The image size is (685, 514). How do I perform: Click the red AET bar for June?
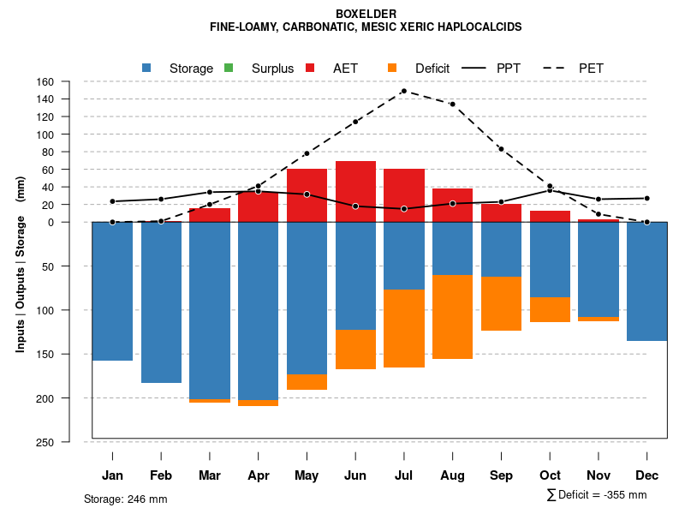coord(355,191)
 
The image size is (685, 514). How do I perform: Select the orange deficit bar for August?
coord(452,317)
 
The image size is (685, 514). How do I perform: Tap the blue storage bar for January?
coord(112,291)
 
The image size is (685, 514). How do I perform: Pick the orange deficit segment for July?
coord(404,328)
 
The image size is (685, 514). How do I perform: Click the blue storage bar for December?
coord(647,281)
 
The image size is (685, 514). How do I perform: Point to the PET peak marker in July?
coord(403,91)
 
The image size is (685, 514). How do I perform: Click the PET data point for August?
coord(452,105)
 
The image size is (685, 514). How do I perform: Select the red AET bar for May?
coord(307,195)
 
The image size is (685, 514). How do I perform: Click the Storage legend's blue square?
coord(146,68)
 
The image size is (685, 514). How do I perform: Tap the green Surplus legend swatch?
coord(229,68)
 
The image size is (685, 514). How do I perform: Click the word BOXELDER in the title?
coord(366,15)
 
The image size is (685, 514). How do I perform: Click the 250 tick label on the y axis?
coord(69,442)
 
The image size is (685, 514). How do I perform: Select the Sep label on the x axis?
coord(501,475)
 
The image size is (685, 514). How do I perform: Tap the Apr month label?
coord(258,475)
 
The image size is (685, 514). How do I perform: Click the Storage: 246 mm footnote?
coord(125,499)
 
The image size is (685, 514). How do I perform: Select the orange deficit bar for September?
coord(501,303)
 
